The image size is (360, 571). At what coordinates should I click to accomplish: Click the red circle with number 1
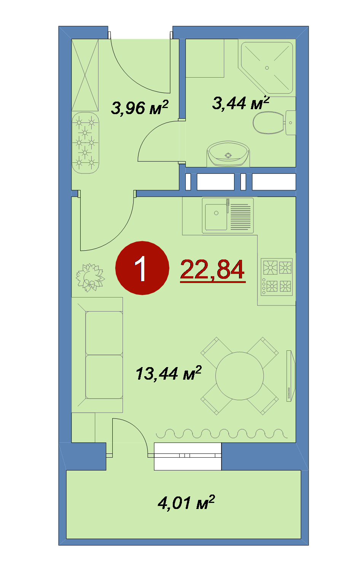tap(142, 268)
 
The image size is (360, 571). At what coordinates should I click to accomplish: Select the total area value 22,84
tap(213, 270)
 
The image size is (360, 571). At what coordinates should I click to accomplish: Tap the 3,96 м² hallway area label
tap(140, 108)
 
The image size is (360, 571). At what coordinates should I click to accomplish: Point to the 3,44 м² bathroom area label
tap(241, 103)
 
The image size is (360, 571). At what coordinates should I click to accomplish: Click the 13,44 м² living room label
tap(168, 374)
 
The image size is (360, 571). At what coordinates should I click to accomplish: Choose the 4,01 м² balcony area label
tap(186, 503)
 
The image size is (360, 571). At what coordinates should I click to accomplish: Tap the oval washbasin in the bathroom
tap(228, 154)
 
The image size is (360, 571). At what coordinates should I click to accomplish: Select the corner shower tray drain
tap(267, 68)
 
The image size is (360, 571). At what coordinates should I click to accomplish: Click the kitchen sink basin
tap(216, 217)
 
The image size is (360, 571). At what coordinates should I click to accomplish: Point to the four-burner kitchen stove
tap(277, 277)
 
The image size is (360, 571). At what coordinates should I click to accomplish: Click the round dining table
tap(239, 376)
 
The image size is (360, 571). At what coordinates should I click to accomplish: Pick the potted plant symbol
tap(90, 278)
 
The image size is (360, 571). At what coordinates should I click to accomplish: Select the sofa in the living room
tap(97, 355)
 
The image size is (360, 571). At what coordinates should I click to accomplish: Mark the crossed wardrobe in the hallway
tap(85, 75)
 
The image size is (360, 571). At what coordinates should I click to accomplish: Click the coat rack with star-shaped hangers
tap(85, 143)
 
